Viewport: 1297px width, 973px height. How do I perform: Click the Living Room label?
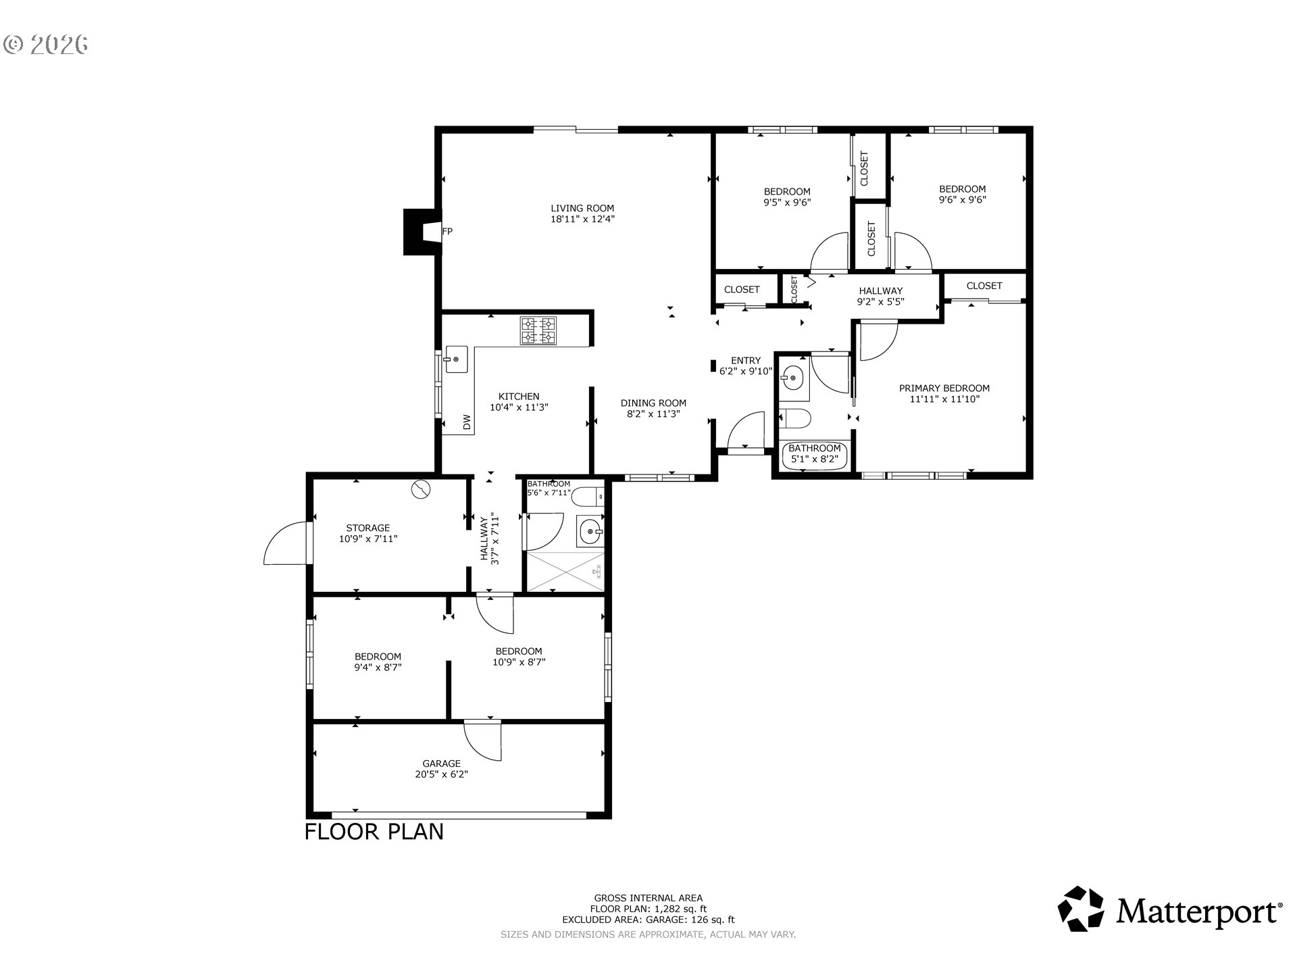[x=582, y=208]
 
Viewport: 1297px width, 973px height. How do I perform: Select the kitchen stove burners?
[x=538, y=331]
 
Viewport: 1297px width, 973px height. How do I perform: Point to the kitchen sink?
[x=456, y=360]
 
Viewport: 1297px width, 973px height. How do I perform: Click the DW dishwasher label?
[x=466, y=422]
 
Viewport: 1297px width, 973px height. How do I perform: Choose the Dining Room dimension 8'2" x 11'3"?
[x=653, y=414]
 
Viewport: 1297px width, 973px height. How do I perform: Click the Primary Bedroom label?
[x=944, y=388]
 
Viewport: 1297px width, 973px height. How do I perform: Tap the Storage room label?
[x=368, y=528]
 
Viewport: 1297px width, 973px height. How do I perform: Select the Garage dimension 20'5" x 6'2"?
[x=442, y=774]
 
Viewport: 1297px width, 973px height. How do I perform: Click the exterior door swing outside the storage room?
[x=285, y=542]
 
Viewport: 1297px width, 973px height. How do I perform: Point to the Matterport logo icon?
[x=1081, y=909]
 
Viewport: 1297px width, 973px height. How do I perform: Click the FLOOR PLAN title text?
[x=374, y=831]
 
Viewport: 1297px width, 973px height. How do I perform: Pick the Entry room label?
[x=746, y=360]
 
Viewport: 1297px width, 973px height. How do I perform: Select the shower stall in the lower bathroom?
[x=565, y=572]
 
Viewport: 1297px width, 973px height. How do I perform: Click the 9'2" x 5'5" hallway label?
[x=881, y=296]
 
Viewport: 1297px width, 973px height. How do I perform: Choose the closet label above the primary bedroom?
[x=984, y=286]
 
